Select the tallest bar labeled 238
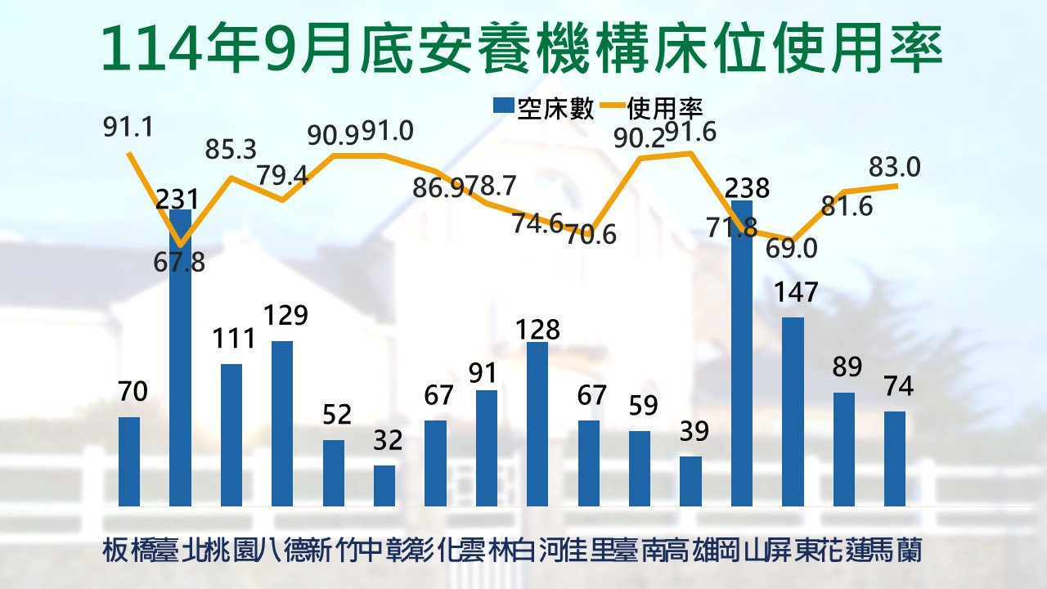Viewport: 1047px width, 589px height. pyautogui.click(x=742, y=353)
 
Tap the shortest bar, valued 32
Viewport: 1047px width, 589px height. pyautogui.click(x=384, y=485)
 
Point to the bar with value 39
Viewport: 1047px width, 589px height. pyautogui.click(x=691, y=481)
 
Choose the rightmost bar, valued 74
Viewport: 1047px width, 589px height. pyautogui.click(x=895, y=458)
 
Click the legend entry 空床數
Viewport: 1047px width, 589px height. pyautogui.click(x=544, y=107)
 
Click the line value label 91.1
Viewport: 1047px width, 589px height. pyautogui.click(x=129, y=128)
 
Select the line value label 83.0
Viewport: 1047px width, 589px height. pyautogui.click(x=895, y=168)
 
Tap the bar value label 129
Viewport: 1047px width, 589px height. pyautogui.click(x=282, y=315)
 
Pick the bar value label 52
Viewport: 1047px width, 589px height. pyautogui.click(x=333, y=414)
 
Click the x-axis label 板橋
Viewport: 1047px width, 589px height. pyautogui.click(x=129, y=550)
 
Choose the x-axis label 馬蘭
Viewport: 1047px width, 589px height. pyautogui.click(x=896, y=550)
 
